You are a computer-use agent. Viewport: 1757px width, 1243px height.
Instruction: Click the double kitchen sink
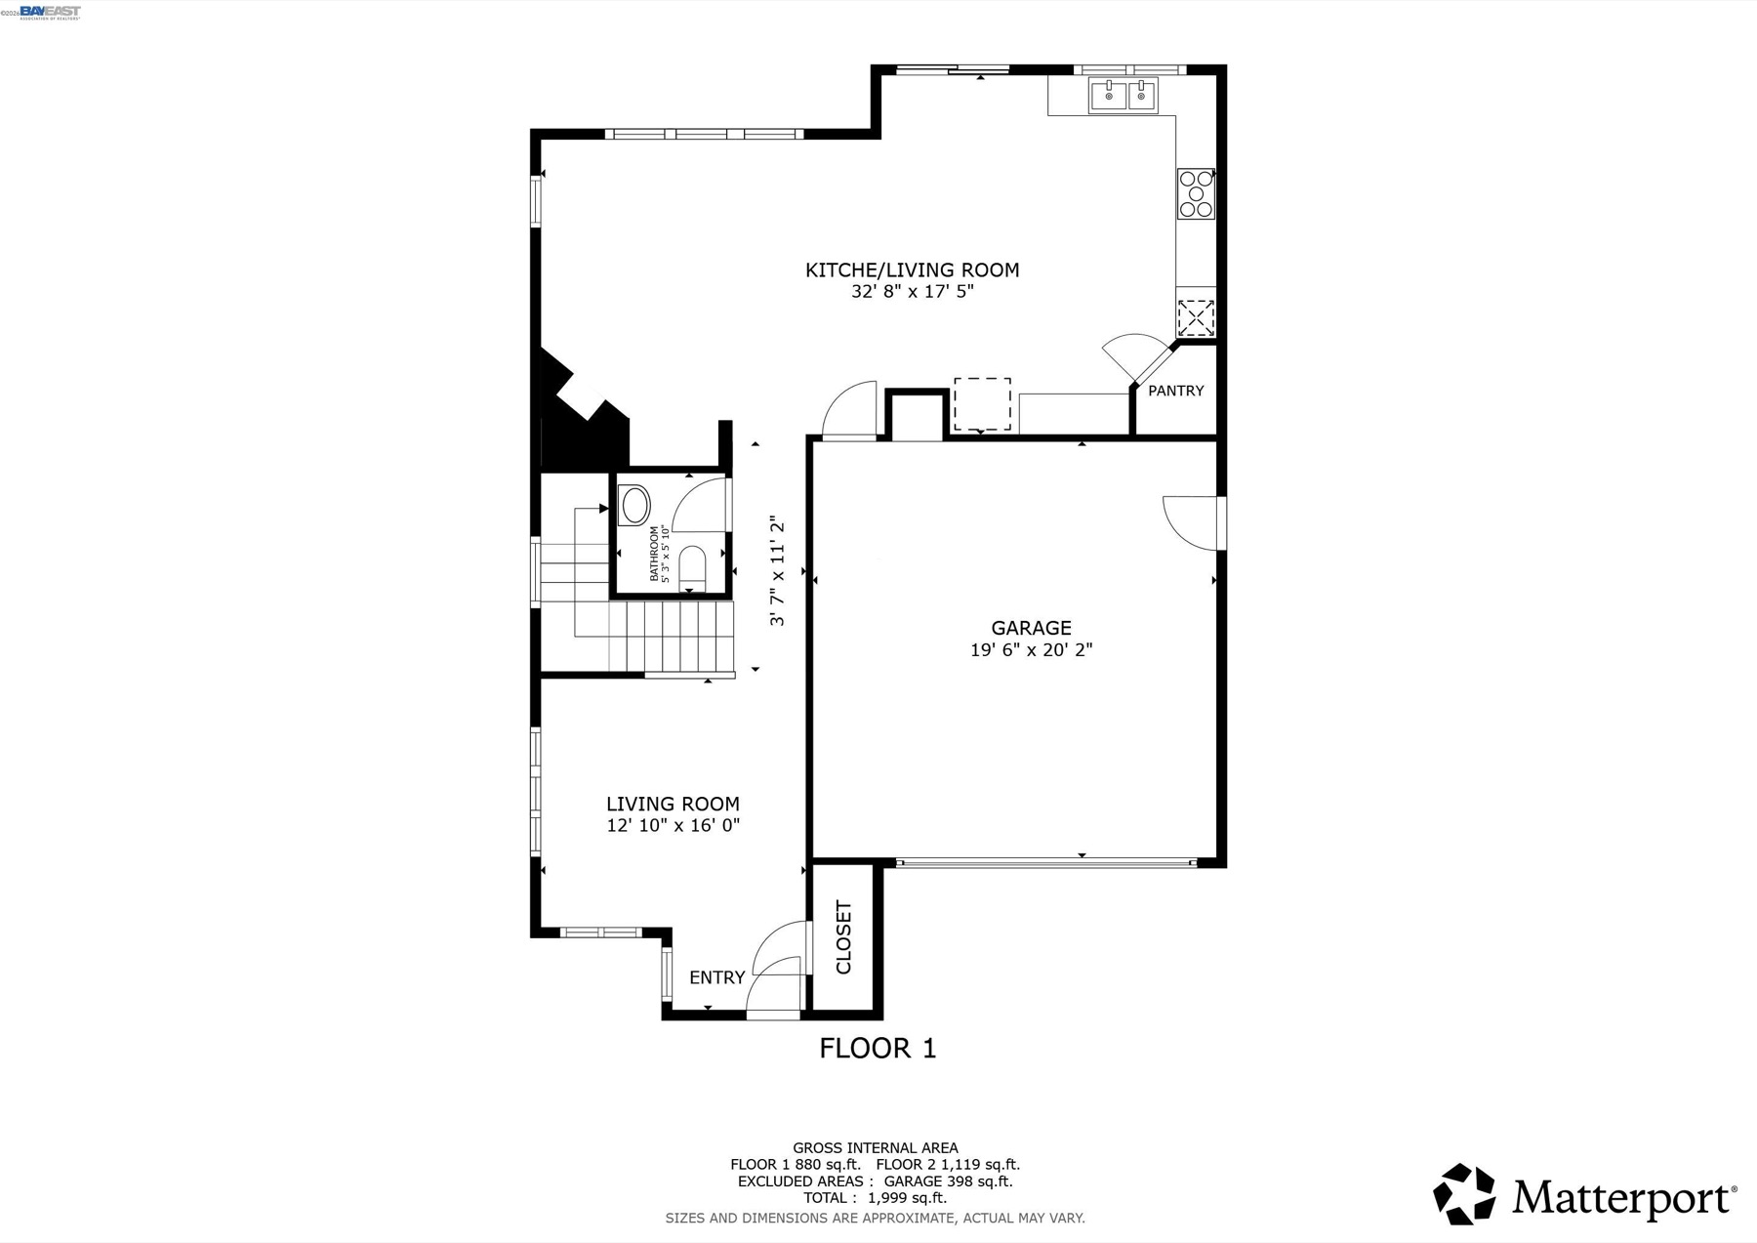[x=1123, y=96]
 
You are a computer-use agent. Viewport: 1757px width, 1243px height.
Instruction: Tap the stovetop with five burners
[x=1196, y=193]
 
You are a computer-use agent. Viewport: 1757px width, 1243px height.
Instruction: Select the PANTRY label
[x=1175, y=391]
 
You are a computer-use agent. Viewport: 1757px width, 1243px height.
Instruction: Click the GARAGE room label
[x=1031, y=628]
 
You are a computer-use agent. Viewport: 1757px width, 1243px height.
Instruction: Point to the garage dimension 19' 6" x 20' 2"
[x=1031, y=649]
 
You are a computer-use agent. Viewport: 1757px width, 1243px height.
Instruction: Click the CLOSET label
[x=844, y=937]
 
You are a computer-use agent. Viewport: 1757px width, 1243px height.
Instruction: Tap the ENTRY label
[x=716, y=977]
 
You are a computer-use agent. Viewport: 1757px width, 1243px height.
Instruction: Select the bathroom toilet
[x=692, y=569]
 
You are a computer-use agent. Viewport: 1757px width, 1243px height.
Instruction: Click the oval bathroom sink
[x=635, y=506]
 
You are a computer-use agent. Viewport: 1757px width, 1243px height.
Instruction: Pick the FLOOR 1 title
[x=878, y=1049]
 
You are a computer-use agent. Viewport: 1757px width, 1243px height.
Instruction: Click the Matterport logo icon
[x=1463, y=1193]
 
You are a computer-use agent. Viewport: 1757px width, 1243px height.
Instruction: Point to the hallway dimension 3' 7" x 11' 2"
[x=777, y=570]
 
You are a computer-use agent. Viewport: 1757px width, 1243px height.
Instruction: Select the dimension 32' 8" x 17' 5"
[x=912, y=291]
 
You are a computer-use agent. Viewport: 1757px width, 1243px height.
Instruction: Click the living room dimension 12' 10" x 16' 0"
[x=673, y=825]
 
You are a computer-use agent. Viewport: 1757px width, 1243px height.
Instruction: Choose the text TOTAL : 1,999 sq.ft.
[x=875, y=1198]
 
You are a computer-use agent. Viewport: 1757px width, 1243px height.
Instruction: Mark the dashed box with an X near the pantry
[x=1196, y=318]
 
